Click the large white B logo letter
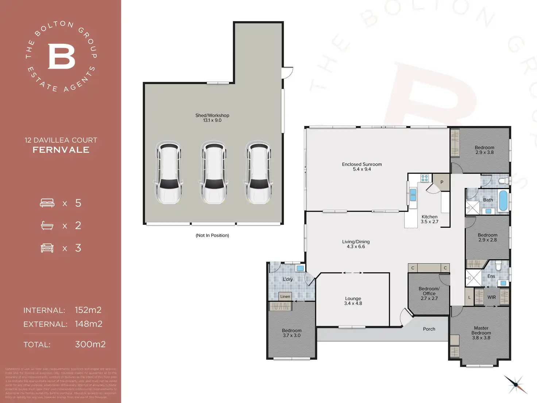[x=61, y=56]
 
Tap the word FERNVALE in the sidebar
[x=61, y=150]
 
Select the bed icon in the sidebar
[x=47, y=203]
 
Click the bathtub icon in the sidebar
[x=47, y=226]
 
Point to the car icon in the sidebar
[x=47, y=248]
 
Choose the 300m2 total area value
[x=90, y=344]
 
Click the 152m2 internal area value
[x=88, y=310]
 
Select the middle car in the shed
[x=213, y=173]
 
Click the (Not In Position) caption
[x=212, y=235]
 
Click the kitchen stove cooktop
[x=424, y=178]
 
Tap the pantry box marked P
[x=442, y=182]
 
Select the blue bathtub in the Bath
[x=503, y=200]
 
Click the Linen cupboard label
[x=285, y=296]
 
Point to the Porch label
[x=429, y=329]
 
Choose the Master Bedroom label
[x=481, y=333]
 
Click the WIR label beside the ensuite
[x=491, y=297]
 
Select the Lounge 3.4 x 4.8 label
[x=353, y=301]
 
